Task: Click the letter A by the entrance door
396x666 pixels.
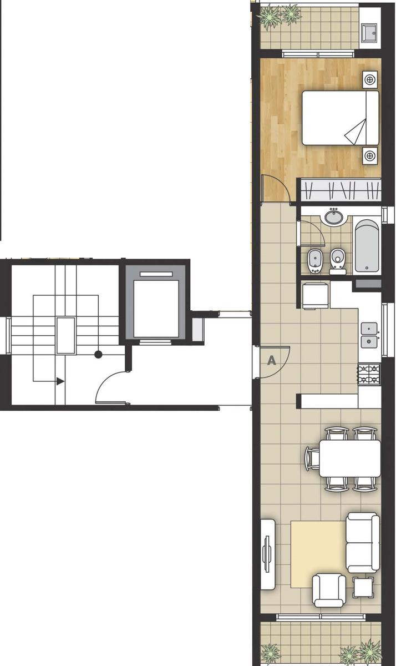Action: point(272,361)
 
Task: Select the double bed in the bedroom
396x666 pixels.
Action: point(341,118)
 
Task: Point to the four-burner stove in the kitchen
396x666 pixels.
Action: point(369,375)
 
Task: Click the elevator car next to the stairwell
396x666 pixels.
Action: point(156,309)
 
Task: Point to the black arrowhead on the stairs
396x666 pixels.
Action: point(60,381)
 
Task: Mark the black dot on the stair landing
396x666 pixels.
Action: point(98,355)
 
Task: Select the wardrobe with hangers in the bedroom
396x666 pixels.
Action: point(341,190)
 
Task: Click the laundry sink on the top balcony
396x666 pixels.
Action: point(369,32)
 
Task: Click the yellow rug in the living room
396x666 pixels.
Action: point(318,554)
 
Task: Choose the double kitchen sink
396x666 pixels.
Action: point(369,335)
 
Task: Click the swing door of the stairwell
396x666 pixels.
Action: point(112,387)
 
